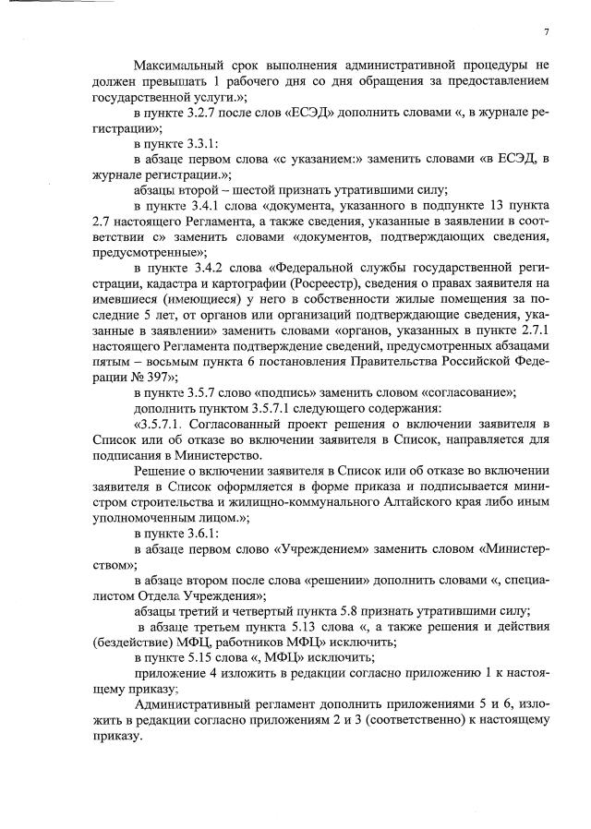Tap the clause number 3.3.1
tap(208, 145)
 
